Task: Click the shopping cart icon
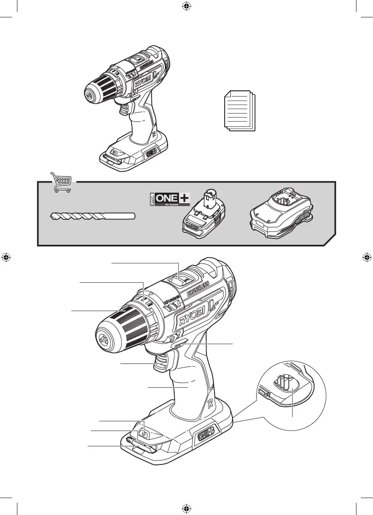click(61, 183)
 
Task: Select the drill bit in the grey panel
click(93, 217)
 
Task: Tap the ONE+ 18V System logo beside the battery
click(167, 200)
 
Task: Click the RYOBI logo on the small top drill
click(143, 80)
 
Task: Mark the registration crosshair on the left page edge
click(6, 257)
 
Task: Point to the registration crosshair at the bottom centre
click(186, 508)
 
